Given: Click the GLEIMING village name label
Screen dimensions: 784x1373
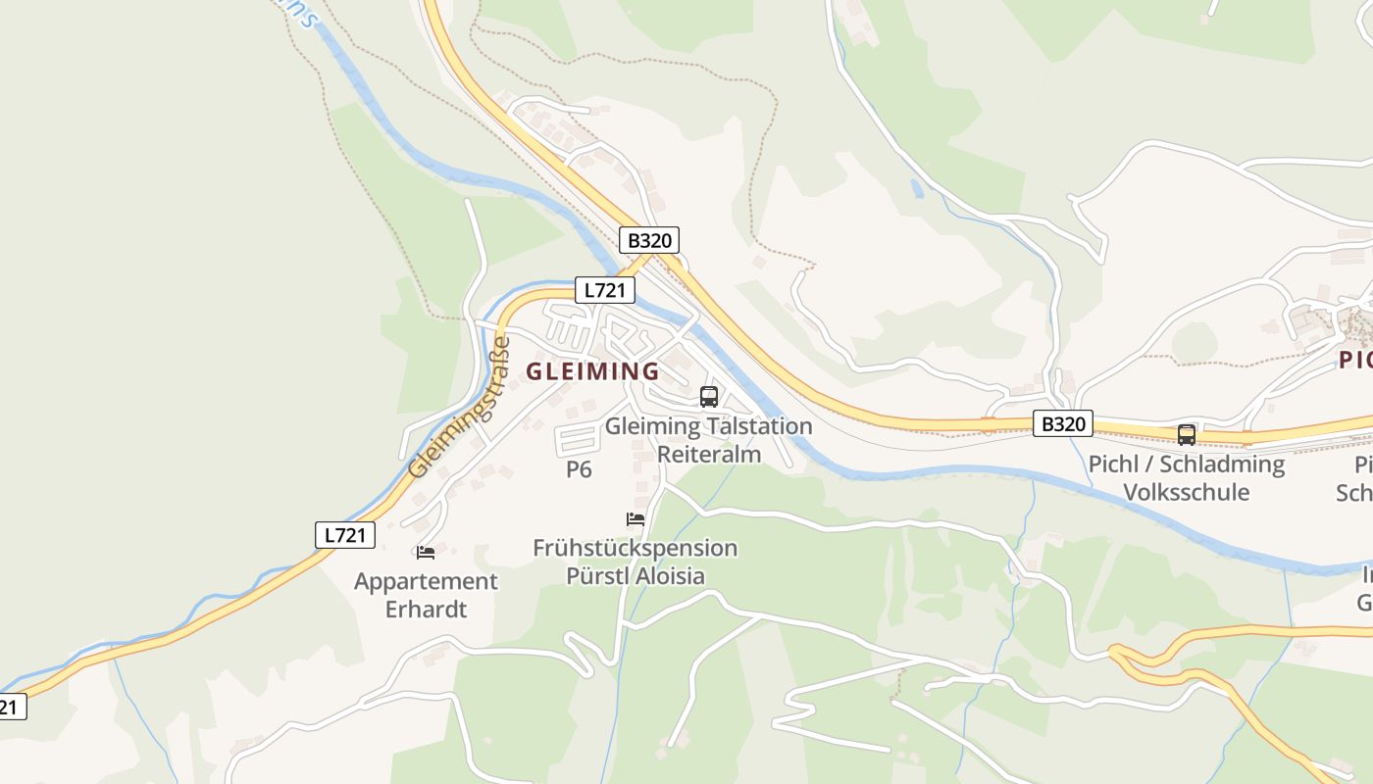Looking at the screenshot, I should (x=593, y=371).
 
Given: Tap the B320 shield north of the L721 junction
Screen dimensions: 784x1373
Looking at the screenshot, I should (x=649, y=240).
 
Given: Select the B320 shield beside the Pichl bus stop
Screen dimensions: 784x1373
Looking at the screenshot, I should (x=1063, y=423).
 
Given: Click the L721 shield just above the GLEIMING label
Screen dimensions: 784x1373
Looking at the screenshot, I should (x=605, y=290).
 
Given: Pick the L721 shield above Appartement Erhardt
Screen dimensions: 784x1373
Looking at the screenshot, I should (x=345, y=535).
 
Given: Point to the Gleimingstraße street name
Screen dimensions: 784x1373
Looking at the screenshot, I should (x=460, y=408).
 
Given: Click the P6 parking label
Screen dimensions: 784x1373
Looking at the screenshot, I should (x=579, y=469).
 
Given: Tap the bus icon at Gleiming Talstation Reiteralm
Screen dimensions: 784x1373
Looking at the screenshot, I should (x=709, y=397).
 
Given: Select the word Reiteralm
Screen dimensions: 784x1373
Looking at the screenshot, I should (x=709, y=454).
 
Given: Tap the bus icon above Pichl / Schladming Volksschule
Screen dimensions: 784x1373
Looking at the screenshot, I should (x=1186, y=434).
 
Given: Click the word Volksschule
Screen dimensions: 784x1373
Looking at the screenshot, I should (x=1186, y=492).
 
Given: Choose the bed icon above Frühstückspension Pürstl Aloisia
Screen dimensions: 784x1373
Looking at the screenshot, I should (x=636, y=518).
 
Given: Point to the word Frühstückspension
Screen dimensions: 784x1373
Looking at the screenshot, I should (x=635, y=548).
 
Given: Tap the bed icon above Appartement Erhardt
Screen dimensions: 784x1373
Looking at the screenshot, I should (x=425, y=553).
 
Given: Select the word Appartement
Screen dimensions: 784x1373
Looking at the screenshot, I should (x=426, y=582).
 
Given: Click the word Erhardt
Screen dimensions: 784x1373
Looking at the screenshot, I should (x=426, y=610).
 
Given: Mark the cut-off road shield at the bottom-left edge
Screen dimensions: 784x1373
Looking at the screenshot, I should (x=10, y=707).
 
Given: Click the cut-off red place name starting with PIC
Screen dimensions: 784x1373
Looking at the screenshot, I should (x=1356, y=361).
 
